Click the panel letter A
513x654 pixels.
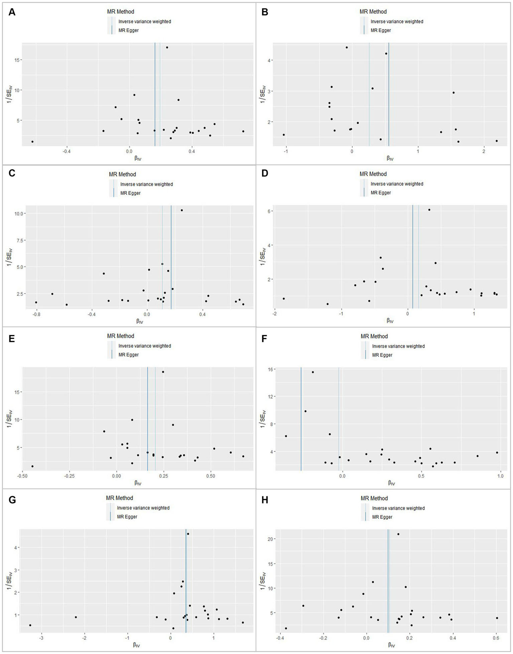pos(12,12)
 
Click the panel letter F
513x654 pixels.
pos(264,339)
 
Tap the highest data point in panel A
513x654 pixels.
pos(167,47)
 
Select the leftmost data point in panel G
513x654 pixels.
pos(30,625)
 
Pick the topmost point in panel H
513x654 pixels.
pos(398,534)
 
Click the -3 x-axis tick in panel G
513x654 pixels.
pos(41,638)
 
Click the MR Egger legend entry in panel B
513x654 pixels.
pos(381,30)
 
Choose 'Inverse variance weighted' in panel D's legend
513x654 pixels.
pos(397,184)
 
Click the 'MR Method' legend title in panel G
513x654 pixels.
pos(119,498)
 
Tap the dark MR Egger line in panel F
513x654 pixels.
pos(301,418)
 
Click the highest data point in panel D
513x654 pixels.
pos(429,210)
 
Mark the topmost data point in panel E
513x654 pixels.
pos(163,372)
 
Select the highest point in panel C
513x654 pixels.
pos(182,210)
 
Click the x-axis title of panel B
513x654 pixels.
pos(390,158)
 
